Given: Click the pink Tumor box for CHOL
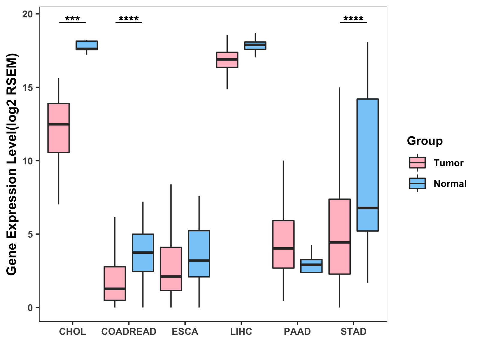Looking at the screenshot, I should pos(59,128).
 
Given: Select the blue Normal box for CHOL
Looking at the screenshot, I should pos(87,45).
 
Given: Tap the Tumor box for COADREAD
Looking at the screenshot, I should pos(115,283).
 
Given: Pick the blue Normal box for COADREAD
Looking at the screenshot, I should pos(143,253).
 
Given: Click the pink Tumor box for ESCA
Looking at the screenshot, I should pos(171,269).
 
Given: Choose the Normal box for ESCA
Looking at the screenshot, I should pos(199,253).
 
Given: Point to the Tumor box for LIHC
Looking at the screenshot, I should pos(227,60).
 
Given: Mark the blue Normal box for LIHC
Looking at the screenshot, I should pos(255,46).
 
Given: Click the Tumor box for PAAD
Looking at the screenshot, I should pos(283,244).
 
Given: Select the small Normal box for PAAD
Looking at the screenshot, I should pos(311,266).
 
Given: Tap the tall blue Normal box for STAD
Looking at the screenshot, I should pos(367,165).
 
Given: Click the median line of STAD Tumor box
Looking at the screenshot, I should pos(340,242).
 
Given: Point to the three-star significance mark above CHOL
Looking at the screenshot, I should pos(73,19).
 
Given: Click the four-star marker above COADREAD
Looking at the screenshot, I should pos(129,19).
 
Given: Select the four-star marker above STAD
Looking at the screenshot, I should pos(353,19).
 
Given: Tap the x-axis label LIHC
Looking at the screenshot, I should pos(241,331).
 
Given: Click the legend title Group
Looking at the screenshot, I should pos(425,141).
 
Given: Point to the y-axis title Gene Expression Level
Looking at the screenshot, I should pos(12,164).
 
